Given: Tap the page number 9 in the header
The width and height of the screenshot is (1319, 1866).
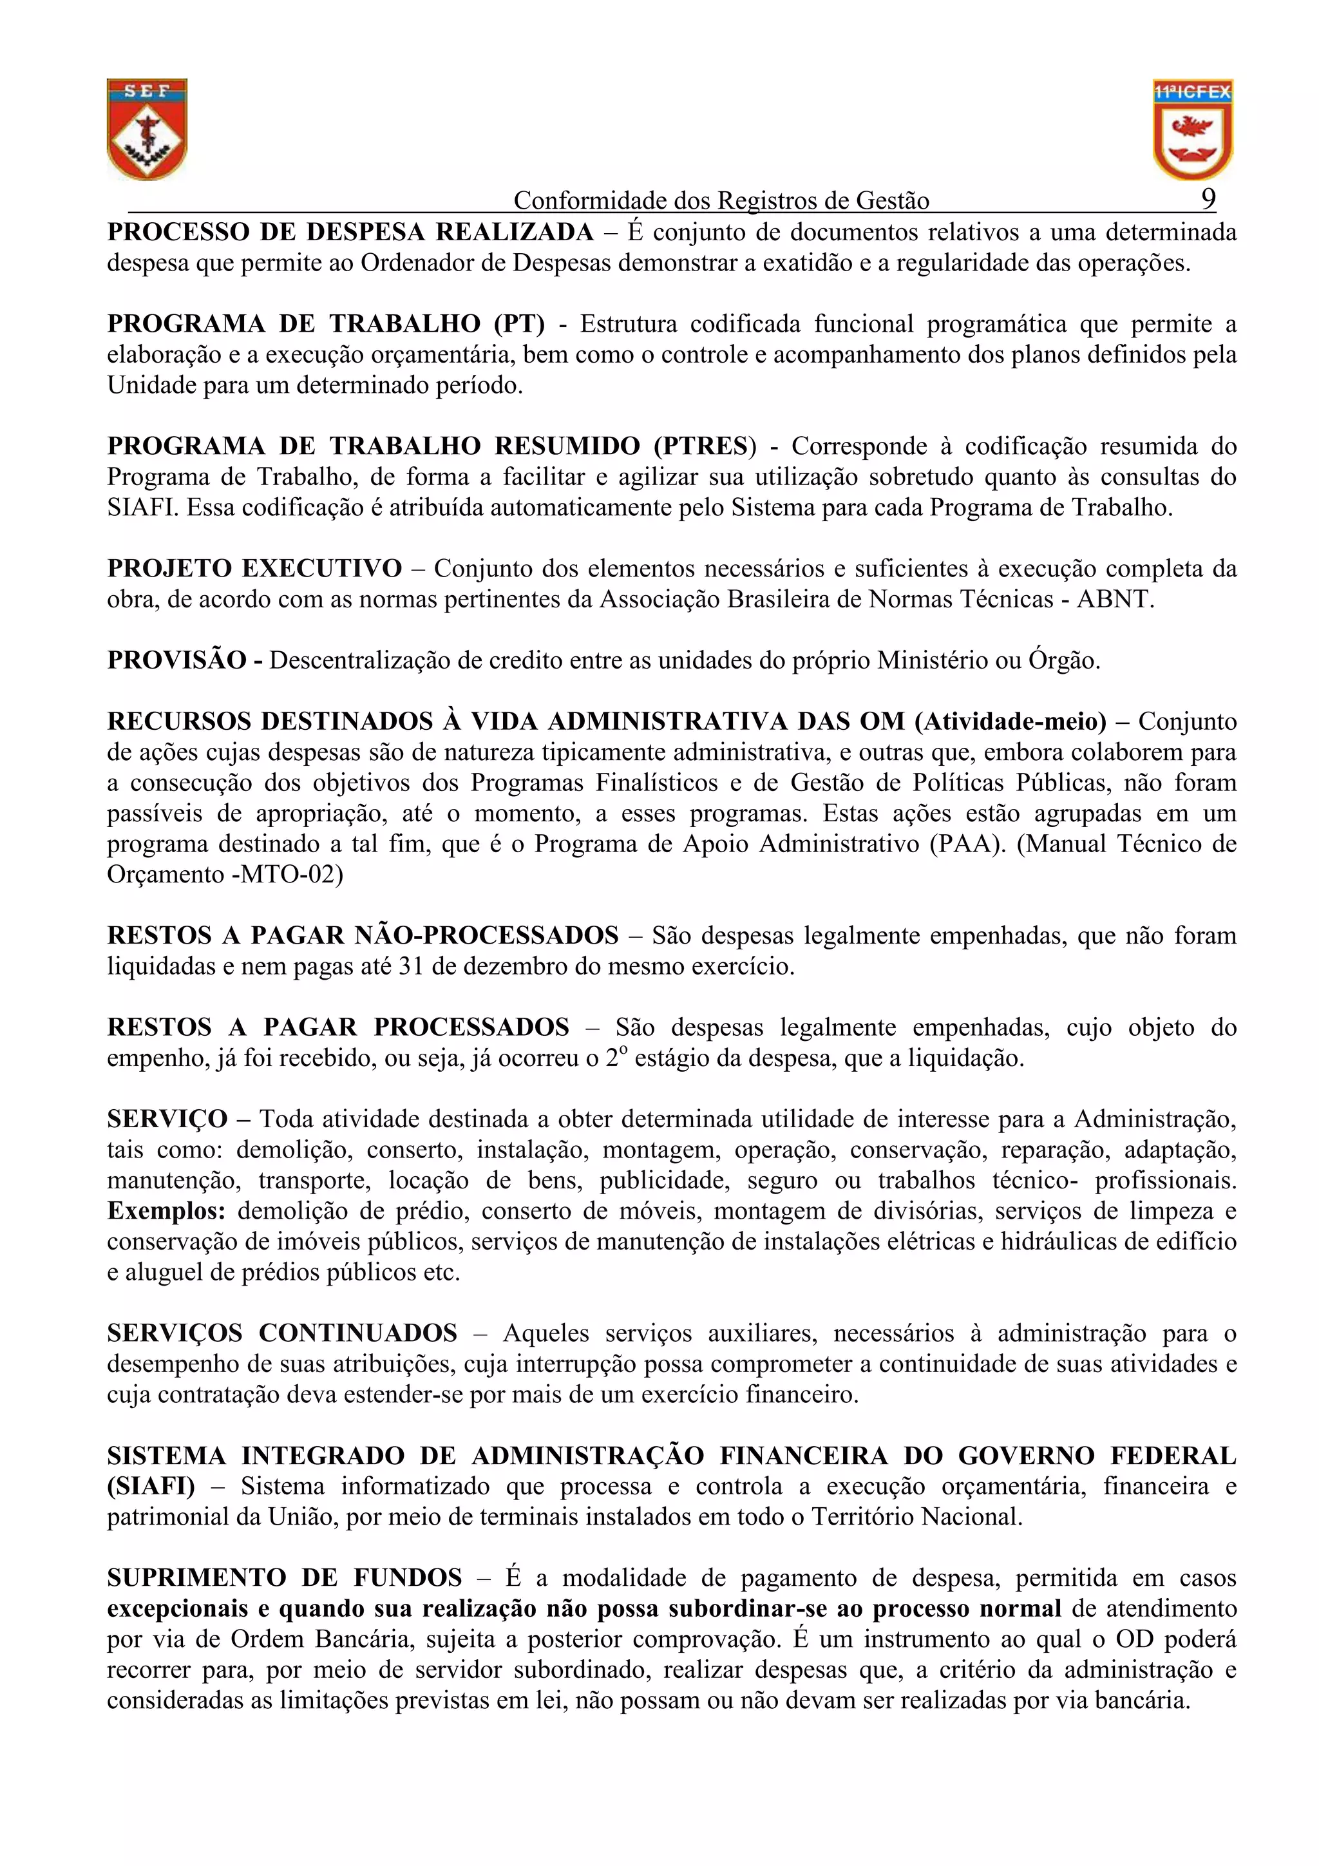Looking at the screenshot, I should click(1208, 199).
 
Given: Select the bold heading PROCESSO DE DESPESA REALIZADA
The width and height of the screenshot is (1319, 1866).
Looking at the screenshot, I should click(350, 233).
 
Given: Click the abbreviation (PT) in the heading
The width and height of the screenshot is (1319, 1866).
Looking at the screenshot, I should click(518, 324).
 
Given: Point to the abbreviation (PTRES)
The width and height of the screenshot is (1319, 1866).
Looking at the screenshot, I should click(705, 446).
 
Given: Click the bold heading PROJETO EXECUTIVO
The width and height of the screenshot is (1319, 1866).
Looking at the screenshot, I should click(254, 568).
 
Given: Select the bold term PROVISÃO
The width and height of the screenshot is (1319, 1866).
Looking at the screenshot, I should click(176, 660).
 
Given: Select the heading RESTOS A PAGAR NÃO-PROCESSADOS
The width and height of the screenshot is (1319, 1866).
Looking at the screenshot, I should click(363, 935).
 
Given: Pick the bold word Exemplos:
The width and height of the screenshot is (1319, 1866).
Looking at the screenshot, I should click(167, 1211).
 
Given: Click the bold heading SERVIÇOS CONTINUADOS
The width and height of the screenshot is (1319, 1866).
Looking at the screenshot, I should click(282, 1333).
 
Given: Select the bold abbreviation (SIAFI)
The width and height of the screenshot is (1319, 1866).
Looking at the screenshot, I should click(151, 1487).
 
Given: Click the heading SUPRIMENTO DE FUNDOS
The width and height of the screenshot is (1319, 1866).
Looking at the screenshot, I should click(285, 1578).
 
